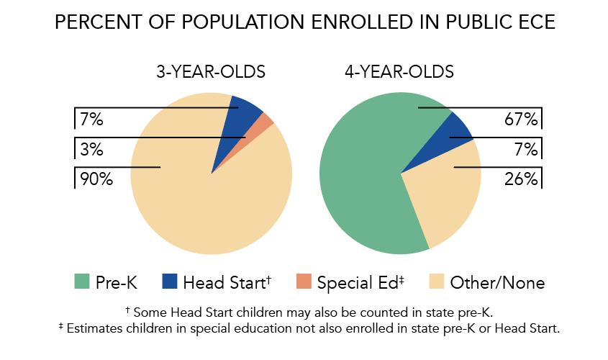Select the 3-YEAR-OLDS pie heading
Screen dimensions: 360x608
(211, 72)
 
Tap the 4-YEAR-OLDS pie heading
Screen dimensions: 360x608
(399, 72)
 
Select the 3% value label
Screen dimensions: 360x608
(92, 150)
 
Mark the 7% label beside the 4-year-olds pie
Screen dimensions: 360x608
(526, 150)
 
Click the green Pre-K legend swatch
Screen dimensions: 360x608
(81, 282)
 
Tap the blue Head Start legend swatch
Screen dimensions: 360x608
(169, 282)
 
